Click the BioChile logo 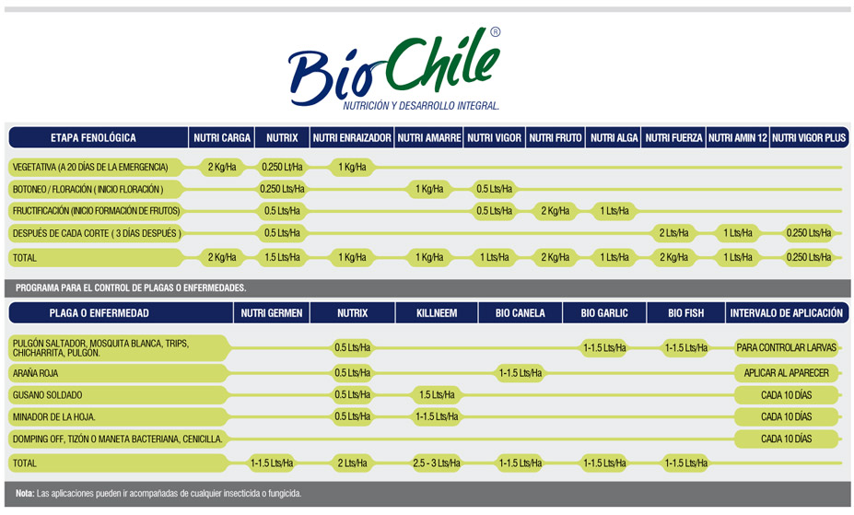tap(393, 68)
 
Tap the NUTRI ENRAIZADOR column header tap(352, 138)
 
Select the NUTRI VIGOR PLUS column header tap(809, 138)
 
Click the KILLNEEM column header tap(437, 313)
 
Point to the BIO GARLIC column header tap(604, 313)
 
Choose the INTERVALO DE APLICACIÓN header tap(787, 313)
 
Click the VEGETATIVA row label tap(90, 167)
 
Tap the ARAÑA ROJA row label tap(35, 373)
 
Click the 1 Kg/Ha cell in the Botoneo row tap(429, 189)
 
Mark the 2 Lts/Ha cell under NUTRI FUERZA tap(673, 233)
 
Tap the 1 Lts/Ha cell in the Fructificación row tap(614, 211)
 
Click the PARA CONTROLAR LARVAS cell tap(787, 347)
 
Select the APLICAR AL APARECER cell tap(787, 373)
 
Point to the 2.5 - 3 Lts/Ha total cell tap(437, 463)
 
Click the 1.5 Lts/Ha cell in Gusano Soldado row tap(437, 394)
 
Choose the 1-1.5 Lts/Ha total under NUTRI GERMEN tap(272, 463)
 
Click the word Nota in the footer tap(25, 494)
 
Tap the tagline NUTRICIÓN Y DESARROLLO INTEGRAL tap(421, 106)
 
